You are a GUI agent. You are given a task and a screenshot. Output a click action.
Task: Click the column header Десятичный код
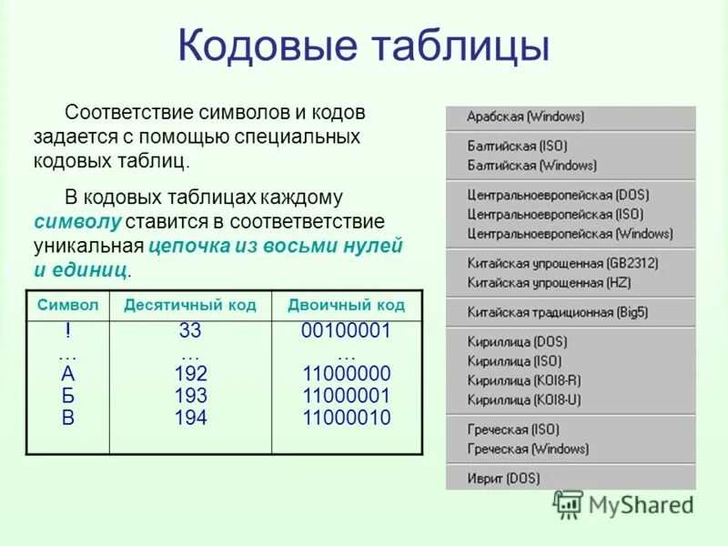tap(190, 305)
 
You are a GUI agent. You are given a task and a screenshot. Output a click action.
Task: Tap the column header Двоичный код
tap(346, 305)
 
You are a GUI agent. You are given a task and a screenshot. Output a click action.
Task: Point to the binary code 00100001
tap(346, 331)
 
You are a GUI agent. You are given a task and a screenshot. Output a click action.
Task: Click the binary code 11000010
tap(346, 419)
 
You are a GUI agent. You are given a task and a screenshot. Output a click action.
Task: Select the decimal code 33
tap(190, 331)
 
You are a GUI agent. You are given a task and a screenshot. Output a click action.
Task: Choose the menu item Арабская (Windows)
tap(525, 117)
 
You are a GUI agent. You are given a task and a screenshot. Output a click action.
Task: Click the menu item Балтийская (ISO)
tap(517, 146)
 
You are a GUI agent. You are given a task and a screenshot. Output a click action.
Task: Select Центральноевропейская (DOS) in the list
tap(558, 195)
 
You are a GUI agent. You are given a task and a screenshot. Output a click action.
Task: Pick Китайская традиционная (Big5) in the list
tap(557, 311)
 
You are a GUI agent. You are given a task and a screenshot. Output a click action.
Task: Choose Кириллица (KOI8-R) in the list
tap(523, 380)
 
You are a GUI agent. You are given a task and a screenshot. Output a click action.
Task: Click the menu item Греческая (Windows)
tap(528, 449)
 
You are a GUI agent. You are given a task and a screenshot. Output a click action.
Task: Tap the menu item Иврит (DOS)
tap(503, 478)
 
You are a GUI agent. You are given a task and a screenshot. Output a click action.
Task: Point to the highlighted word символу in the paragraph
tap(77, 222)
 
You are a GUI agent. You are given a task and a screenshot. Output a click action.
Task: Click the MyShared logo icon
tap(569, 504)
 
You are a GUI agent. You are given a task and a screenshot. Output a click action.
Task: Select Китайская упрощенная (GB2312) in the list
tap(562, 263)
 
